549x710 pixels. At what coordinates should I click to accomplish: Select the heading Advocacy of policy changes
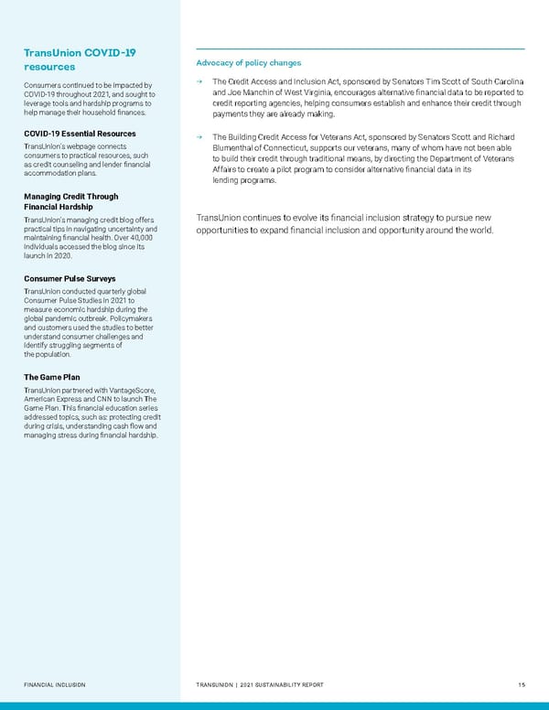(x=249, y=62)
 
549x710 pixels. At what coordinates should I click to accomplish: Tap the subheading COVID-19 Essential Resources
(x=80, y=134)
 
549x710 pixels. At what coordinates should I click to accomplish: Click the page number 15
(x=519, y=684)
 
